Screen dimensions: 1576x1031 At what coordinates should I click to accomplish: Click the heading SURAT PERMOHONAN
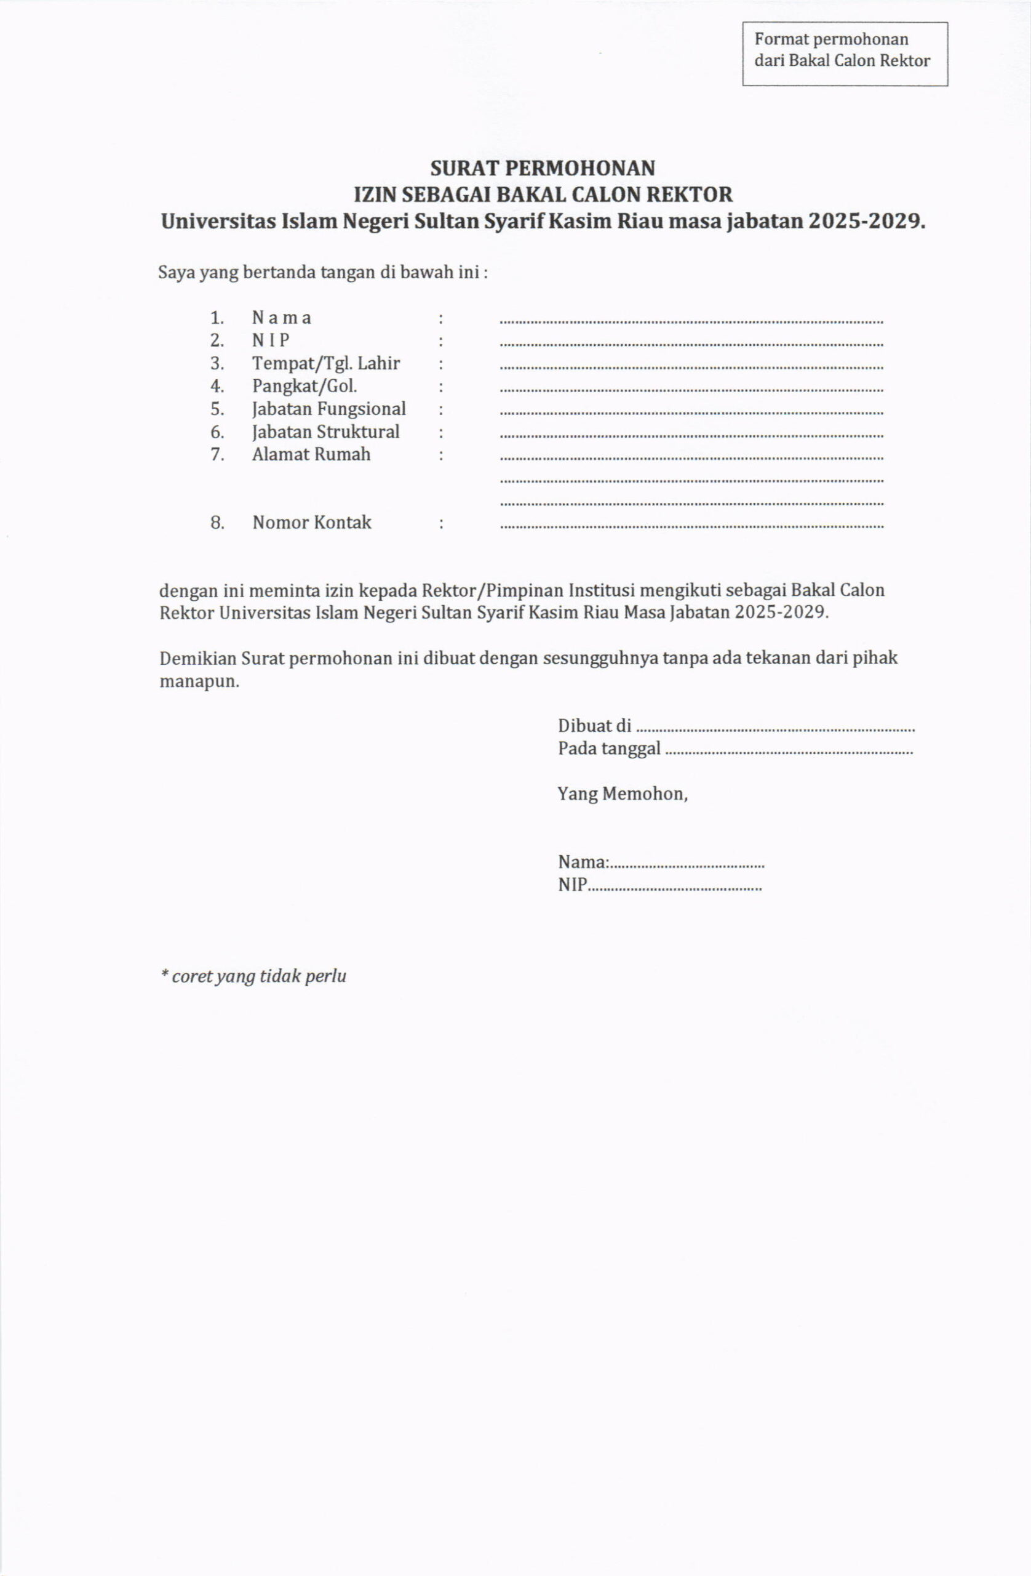coord(543,168)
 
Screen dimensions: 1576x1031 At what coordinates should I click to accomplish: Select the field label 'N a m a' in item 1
coord(281,318)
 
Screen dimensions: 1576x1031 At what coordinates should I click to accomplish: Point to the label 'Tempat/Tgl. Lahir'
coord(325,364)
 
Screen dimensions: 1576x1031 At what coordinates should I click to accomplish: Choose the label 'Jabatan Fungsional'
coord(329,409)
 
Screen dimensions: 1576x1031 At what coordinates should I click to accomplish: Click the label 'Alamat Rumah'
coord(311,454)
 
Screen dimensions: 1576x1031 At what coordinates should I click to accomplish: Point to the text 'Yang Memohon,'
coord(622,794)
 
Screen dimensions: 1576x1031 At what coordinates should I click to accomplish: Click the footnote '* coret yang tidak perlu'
coord(253,976)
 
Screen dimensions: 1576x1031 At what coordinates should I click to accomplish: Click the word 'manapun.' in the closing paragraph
coord(199,681)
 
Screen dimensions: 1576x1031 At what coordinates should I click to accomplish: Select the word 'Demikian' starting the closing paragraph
coord(198,658)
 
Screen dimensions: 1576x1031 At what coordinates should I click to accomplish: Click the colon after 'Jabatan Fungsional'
coord(440,410)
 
